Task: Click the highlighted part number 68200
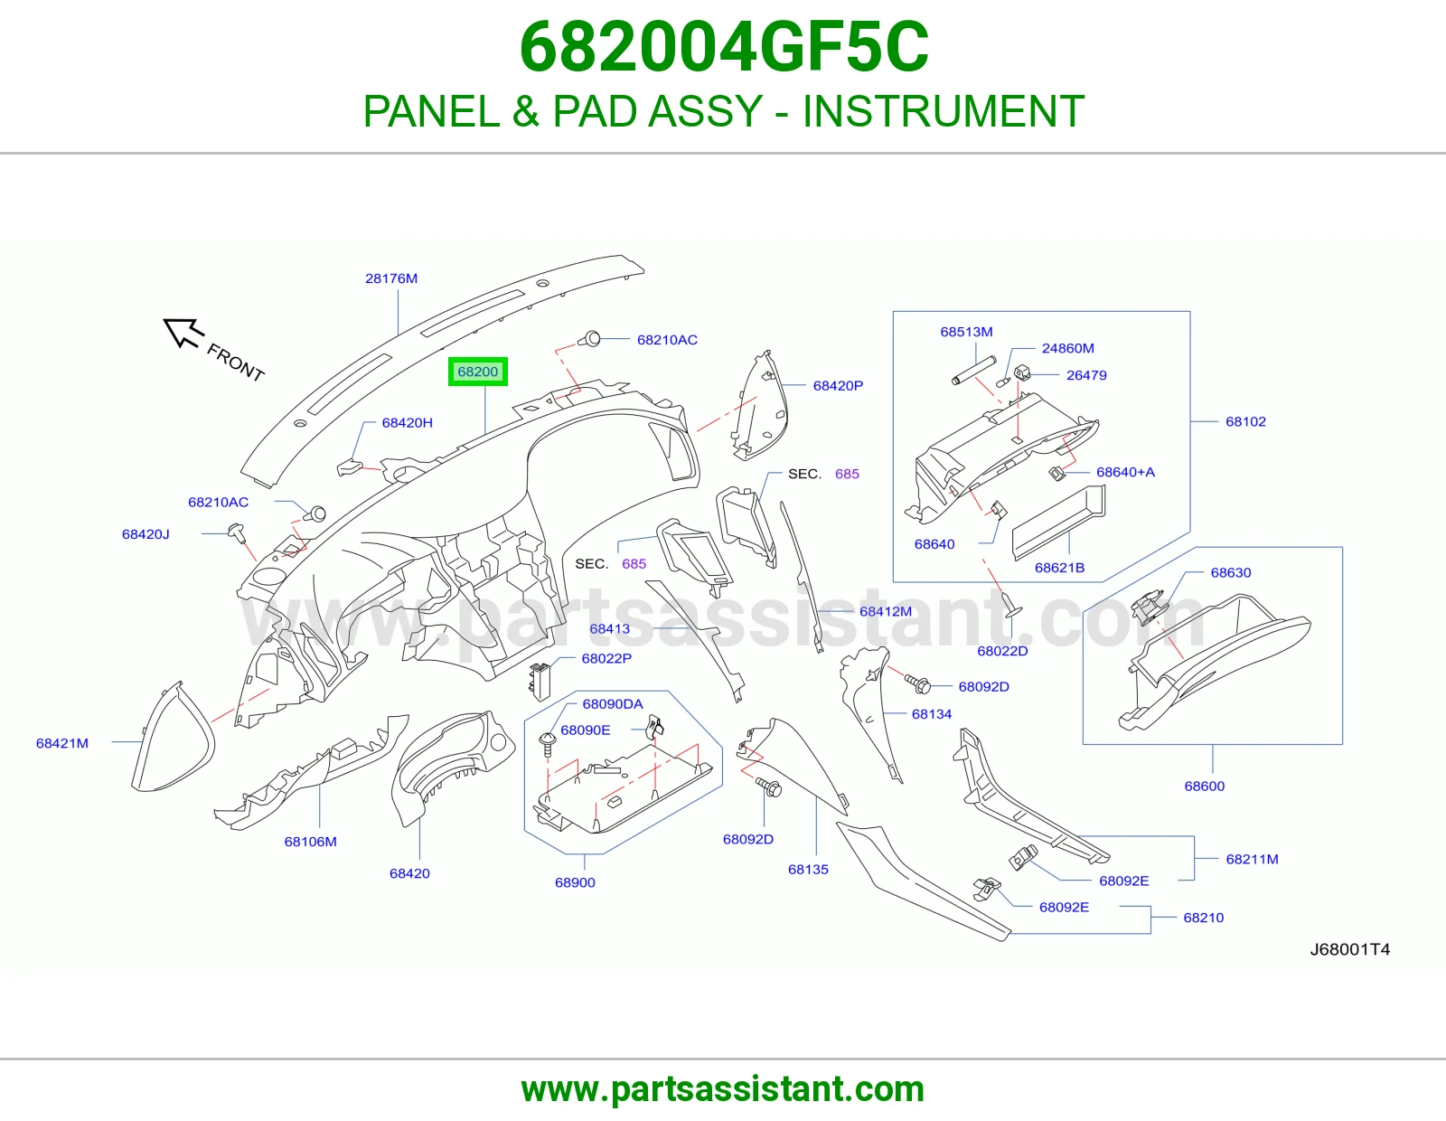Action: (477, 372)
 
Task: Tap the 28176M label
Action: (391, 278)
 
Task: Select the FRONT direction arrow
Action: (183, 333)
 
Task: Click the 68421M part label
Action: (61, 743)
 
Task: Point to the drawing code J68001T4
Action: (1350, 949)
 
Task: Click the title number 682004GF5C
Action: (723, 47)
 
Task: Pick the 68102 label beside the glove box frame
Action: (1245, 421)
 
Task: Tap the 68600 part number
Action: (1205, 787)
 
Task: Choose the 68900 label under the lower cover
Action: (575, 882)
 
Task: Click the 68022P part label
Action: (606, 658)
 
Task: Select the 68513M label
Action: (966, 332)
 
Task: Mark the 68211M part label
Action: (1252, 860)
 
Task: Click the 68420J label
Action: (146, 534)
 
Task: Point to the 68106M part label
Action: (310, 842)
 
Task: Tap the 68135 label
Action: (808, 870)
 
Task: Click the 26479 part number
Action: (1086, 375)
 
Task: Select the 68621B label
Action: (1059, 568)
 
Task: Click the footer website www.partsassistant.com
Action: (723, 1089)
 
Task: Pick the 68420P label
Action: (838, 385)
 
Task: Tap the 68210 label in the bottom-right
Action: (1203, 918)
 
